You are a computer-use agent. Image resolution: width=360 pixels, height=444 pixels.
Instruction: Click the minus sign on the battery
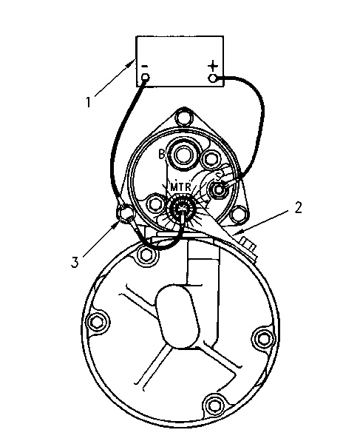pyautogui.click(x=144, y=67)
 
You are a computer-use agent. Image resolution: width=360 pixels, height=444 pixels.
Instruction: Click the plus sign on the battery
pyautogui.click(x=213, y=66)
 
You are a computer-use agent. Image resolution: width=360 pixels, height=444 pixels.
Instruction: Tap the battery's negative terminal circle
pyautogui.click(x=145, y=77)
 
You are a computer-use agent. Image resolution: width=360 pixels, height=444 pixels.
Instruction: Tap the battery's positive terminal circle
pyautogui.click(x=213, y=78)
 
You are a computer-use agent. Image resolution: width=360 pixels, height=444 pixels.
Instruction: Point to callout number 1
pyautogui.click(x=89, y=102)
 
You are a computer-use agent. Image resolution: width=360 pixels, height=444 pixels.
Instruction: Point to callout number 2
pyautogui.click(x=298, y=207)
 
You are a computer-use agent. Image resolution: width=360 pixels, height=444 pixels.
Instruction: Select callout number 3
pyautogui.click(x=75, y=262)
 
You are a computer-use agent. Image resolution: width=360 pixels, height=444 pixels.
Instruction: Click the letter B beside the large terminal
pyautogui.click(x=161, y=155)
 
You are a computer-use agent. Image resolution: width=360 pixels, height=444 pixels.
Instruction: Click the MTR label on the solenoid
pyautogui.click(x=181, y=187)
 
